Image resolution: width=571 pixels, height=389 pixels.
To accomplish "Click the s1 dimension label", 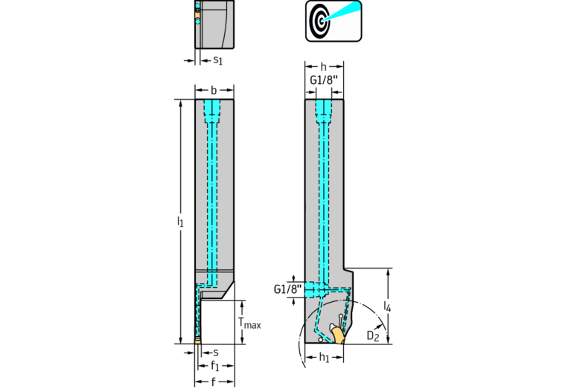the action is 217,60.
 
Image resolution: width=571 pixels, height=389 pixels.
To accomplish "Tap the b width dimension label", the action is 214,90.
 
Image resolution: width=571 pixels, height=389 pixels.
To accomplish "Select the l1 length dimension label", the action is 180,221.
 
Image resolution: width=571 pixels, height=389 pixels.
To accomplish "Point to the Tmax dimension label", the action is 249,322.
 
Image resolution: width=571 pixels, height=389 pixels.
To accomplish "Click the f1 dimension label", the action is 215,365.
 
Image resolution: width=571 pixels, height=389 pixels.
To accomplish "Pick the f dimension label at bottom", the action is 214,382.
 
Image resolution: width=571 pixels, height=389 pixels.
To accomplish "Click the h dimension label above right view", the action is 323,67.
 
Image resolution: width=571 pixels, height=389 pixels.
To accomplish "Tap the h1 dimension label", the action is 324,357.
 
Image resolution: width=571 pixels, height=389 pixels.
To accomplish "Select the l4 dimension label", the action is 387,306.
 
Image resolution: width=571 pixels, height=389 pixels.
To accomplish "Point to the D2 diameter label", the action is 372,335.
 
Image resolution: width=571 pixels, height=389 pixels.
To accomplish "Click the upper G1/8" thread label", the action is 324,80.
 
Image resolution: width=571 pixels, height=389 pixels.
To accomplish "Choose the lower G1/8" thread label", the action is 287,289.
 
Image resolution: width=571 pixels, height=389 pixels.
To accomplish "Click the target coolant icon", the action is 334,21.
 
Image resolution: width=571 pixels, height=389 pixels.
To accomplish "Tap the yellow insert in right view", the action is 338,335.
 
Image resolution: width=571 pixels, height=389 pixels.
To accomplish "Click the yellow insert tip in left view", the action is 198,341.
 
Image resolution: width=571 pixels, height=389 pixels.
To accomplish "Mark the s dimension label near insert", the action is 216,353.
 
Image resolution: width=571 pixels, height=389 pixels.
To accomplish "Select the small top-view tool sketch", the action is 214,24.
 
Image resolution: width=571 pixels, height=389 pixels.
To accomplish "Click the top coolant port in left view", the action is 212,112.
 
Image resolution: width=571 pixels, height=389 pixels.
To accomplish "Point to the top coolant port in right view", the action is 324,112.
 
